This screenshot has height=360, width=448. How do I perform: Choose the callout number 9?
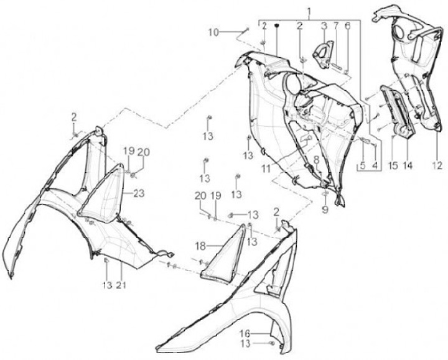(325, 210)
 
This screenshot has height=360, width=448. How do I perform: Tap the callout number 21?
(121, 285)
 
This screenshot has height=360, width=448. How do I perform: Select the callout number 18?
(201, 245)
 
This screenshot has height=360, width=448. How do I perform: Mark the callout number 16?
(246, 333)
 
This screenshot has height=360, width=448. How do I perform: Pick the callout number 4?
(375, 167)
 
